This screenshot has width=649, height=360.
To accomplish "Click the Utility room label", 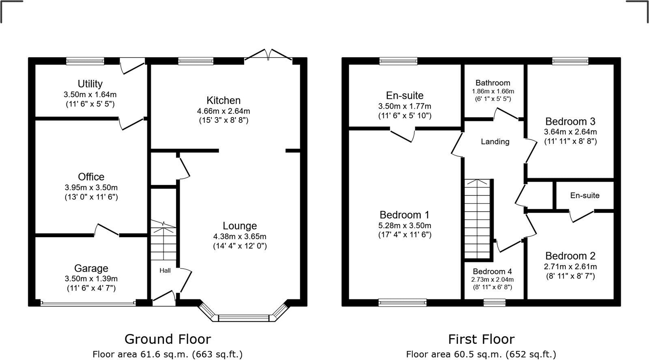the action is click(90, 84).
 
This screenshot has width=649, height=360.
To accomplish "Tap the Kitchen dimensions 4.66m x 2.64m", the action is click(223, 111).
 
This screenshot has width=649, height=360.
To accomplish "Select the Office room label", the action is click(91, 177).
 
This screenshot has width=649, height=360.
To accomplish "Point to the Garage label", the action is click(91, 268).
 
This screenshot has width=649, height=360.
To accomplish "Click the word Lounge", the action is click(240, 226).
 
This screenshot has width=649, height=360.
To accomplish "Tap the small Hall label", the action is click(165, 270).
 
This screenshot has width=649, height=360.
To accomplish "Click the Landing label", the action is click(495, 141).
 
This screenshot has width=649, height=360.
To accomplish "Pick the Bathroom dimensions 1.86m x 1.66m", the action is click(493, 91).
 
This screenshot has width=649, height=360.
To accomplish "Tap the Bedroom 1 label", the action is click(404, 215).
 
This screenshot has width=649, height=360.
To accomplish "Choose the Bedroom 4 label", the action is click(492, 272).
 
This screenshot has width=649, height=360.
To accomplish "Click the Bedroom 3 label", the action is click(570, 121).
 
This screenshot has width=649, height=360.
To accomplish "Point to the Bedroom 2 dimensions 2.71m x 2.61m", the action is click(570, 267).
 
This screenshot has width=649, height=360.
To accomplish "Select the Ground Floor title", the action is click(168, 339).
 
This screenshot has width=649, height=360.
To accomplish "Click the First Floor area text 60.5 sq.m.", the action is click(481, 354).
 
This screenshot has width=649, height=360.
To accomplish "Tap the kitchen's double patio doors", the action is click(268, 56).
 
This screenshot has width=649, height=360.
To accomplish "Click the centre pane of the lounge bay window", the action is click(244, 318).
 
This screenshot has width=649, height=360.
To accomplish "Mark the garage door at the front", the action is click(88, 303).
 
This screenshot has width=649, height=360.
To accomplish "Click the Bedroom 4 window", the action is click(494, 302).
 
